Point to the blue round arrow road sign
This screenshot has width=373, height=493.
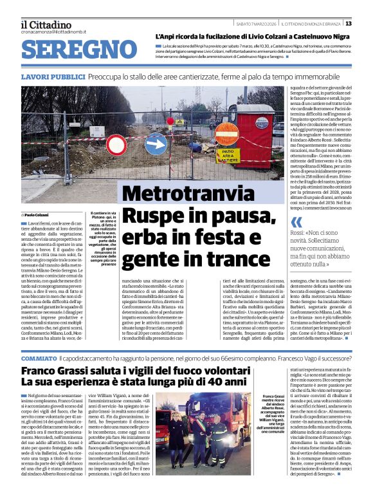coord(155,143)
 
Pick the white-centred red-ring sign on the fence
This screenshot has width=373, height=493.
coord(118,145)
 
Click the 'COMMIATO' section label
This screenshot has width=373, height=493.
coord(39,358)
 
